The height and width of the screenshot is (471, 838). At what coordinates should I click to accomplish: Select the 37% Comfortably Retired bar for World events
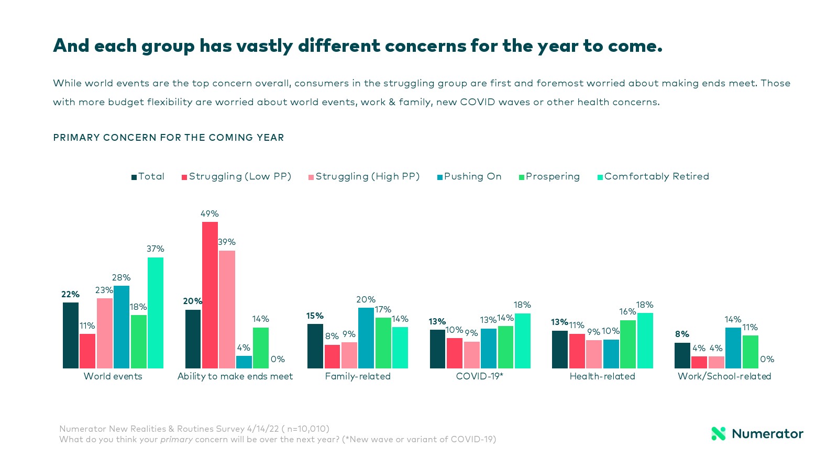click(x=156, y=312)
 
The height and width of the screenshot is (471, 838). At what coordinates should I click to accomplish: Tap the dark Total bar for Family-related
click(x=315, y=346)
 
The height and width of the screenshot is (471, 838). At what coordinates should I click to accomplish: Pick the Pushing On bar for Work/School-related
click(x=733, y=348)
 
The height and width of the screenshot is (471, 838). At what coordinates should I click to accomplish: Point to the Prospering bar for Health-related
click(x=627, y=344)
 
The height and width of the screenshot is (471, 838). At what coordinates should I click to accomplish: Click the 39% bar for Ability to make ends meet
click(x=227, y=309)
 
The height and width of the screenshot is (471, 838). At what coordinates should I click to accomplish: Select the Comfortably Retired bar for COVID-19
click(x=522, y=341)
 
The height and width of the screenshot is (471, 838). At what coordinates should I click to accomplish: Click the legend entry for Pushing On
click(x=470, y=177)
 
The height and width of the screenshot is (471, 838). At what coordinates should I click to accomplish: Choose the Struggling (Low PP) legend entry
click(x=237, y=177)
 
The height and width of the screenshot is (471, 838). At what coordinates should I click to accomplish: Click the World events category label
click(x=113, y=376)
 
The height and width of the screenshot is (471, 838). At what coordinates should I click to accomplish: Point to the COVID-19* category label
click(x=479, y=376)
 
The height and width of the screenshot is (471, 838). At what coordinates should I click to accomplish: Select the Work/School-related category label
click(x=724, y=376)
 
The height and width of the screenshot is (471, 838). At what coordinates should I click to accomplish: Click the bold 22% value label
click(x=70, y=295)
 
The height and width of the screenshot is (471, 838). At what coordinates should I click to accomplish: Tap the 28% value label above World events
click(x=121, y=278)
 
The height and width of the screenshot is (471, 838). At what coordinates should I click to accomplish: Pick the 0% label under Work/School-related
click(x=767, y=360)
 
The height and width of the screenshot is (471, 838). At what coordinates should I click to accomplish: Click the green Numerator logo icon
click(x=718, y=433)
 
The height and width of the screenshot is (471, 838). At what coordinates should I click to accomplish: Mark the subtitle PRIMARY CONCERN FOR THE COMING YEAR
click(x=169, y=138)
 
